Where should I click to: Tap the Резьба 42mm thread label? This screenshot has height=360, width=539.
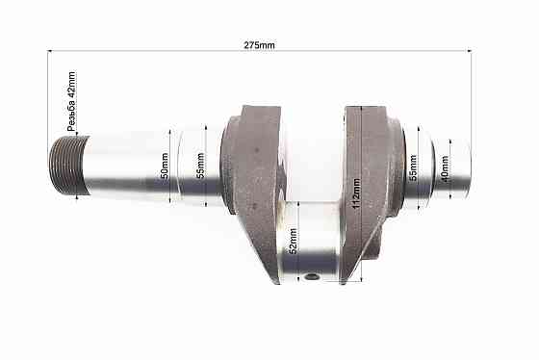(70, 102)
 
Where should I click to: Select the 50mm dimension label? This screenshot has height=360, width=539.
(165, 168)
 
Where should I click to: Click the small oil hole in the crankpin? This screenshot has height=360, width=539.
(311, 278)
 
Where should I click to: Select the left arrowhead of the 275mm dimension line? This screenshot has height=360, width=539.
(50, 51)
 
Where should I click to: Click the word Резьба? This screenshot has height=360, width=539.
(70, 116)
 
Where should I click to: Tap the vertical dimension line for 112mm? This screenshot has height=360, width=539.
(363, 193)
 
